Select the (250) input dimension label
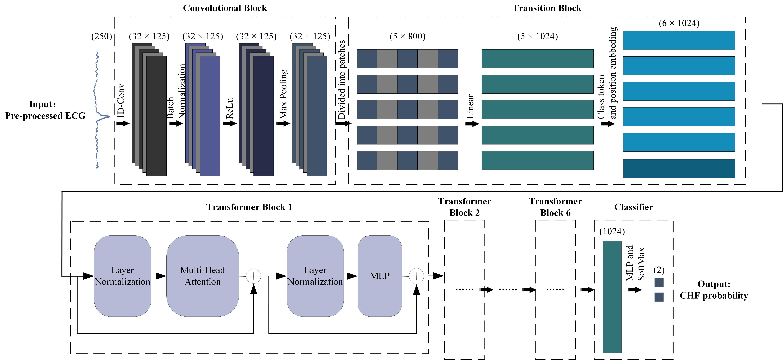(102, 37)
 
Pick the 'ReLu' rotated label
(229, 109)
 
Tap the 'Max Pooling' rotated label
(283, 94)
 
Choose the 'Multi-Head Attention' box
(202, 276)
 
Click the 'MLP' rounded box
(380, 276)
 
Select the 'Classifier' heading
(633, 207)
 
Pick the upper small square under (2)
(659, 282)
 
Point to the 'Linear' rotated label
(470, 106)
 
